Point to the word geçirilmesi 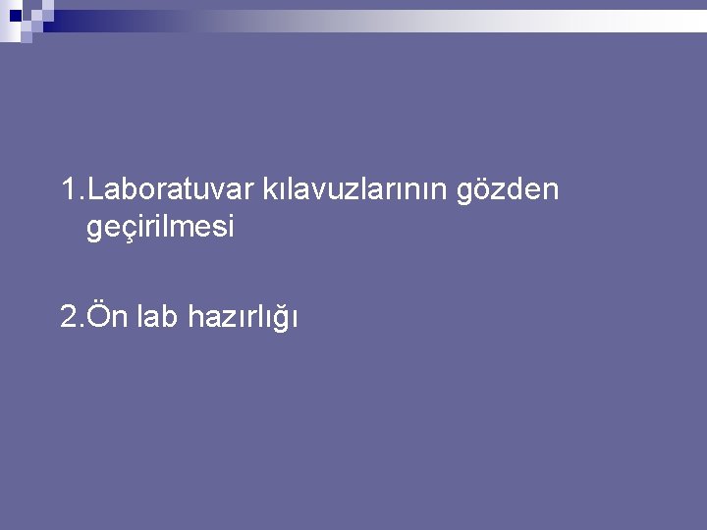(160, 229)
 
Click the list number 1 (67, 187)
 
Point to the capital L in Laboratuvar (95, 187)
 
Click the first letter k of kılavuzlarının (267, 187)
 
